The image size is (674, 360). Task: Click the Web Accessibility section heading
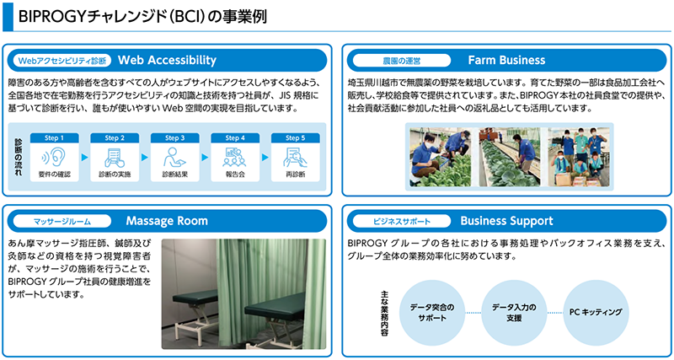point(168,60)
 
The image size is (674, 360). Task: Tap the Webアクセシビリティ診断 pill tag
point(63,61)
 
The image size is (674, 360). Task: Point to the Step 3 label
point(175,137)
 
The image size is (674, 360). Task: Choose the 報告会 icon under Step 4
point(235,156)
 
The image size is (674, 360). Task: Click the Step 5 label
point(296,137)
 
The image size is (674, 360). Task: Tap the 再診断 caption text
point(296,175)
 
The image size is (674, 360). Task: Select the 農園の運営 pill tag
point(400,61)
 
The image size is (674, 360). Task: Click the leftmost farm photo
point(442,157)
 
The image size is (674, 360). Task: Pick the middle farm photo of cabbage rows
point(512,157)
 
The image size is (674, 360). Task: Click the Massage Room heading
point(167,221)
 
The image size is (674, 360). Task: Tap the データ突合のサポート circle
point(431,312)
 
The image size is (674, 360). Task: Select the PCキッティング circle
point(596,311)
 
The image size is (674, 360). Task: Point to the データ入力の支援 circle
point(514,312)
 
